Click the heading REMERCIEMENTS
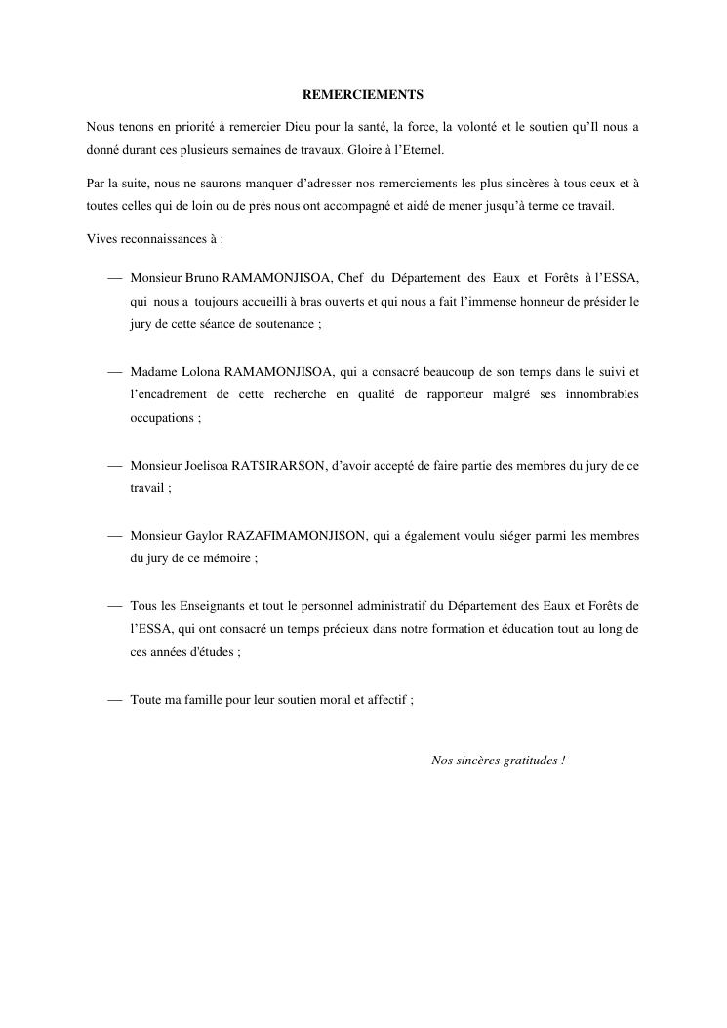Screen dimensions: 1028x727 [x=363, y=95]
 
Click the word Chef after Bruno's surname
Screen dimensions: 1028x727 [x=349, y=278]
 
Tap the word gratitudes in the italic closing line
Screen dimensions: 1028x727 [x=528, y=760]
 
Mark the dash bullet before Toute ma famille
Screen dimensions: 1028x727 [x=115, y=700]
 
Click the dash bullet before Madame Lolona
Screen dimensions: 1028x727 [x=115, y=371]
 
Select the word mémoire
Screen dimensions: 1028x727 [x=224, y=559]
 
